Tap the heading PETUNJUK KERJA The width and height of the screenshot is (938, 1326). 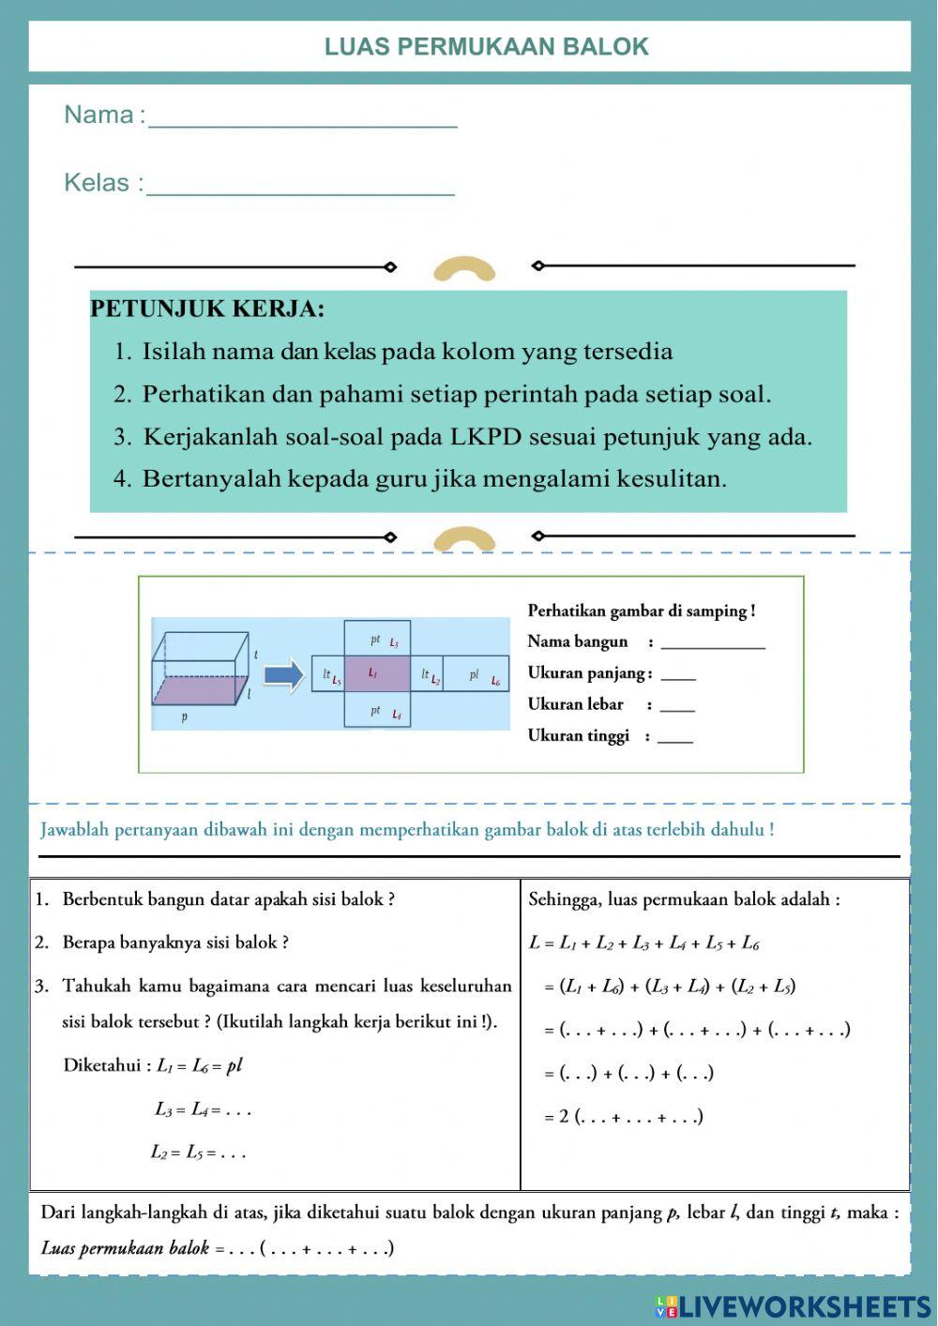[207, 309]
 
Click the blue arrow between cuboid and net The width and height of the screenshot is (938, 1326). [282, 674]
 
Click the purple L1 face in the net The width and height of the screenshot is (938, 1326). [376, 673]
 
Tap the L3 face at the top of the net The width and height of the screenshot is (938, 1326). [377, 640]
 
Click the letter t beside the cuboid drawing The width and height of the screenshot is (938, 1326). [256, 654]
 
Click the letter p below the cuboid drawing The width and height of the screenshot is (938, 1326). [184, 718]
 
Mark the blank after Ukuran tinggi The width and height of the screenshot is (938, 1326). [675, 738]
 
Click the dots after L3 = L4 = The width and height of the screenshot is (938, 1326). [238, 1111]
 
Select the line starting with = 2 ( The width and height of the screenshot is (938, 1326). [624, 1117]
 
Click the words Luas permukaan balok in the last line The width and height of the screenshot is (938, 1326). [125, 1248]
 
